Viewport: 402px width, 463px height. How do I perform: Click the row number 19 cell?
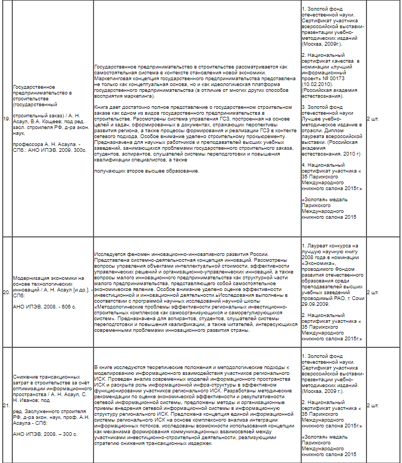(x=6, y=118)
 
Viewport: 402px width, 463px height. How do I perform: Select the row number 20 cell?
(x=6, y=292)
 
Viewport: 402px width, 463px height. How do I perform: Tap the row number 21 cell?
(x=6, y=406)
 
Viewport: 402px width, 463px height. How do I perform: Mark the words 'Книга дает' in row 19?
(x=106, y=107)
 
